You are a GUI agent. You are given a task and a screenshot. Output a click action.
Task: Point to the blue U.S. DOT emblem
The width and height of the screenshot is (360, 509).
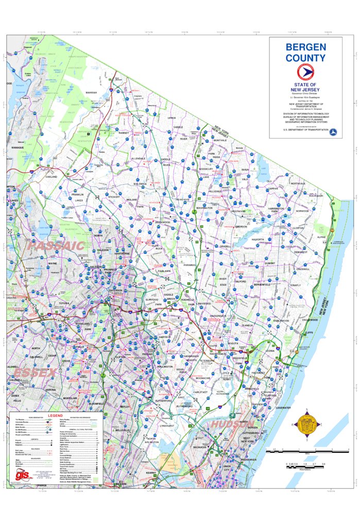click(333, 130)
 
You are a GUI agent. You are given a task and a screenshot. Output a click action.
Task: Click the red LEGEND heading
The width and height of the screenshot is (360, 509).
click(55, 415)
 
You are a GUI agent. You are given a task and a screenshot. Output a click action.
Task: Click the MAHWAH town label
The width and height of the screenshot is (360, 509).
click(91, 93)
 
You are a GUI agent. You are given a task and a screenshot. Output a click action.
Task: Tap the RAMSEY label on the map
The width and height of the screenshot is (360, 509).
click(124, 132)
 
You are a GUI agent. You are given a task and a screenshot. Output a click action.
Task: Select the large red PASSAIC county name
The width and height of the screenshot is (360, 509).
click(56, 246)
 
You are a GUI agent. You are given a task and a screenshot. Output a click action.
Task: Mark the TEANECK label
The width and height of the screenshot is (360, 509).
click(247, 325)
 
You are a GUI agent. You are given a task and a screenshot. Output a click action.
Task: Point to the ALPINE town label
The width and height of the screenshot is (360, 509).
click(321, 237)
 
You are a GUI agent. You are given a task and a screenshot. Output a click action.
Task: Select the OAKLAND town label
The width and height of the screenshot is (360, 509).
click(51, 177)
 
